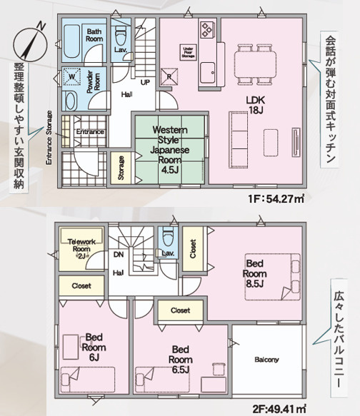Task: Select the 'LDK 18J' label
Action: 256,105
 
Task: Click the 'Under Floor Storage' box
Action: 189,51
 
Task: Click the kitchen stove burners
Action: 208,30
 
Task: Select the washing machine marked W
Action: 72,75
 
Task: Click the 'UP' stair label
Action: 144,82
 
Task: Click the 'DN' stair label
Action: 118,254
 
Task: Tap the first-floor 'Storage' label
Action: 121,168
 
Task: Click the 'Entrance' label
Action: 90,132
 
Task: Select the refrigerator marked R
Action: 169,76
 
